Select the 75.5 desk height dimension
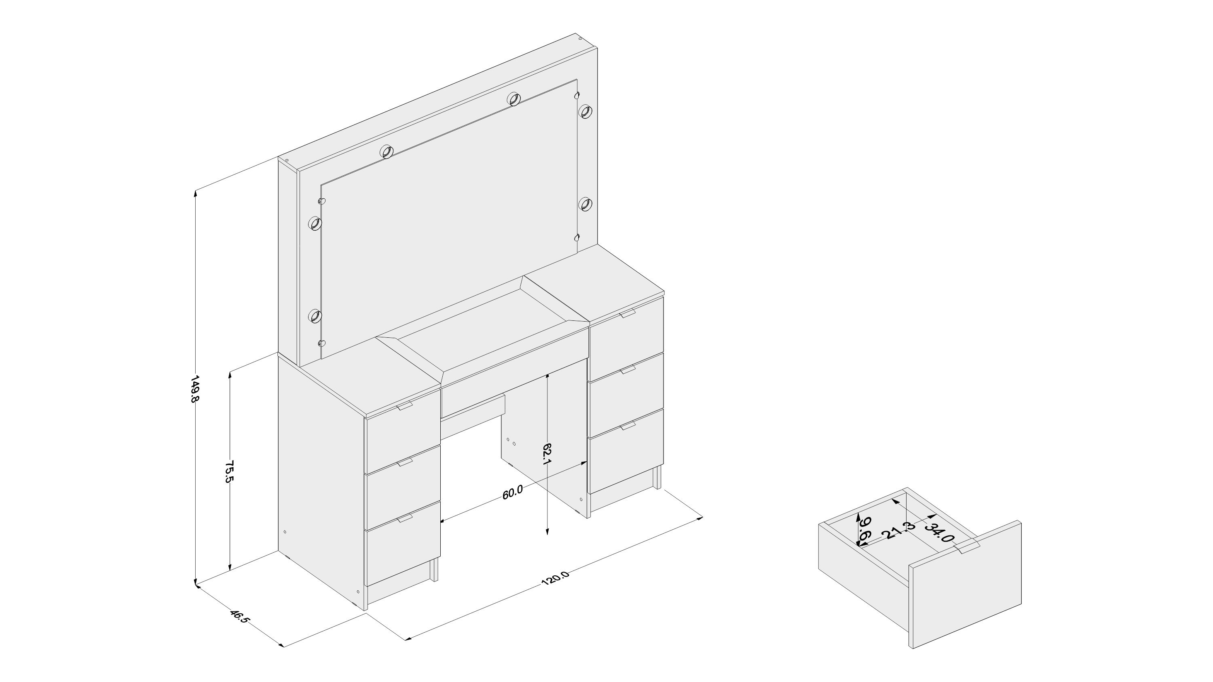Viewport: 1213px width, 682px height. click(229, 472)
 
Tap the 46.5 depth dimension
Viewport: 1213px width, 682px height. click(238, 617)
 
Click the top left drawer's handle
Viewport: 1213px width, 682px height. click(405, 406)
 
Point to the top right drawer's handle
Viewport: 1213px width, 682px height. click(628, 314)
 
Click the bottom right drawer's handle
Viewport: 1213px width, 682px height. click(628, 426)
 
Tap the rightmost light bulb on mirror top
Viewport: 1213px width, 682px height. click(586, 111)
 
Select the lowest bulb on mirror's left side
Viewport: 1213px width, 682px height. click(314, 316)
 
